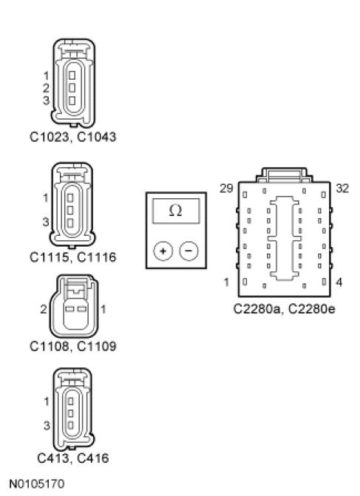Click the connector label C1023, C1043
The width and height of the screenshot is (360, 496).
coord(72,137)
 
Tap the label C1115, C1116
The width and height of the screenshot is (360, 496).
coord(72,257)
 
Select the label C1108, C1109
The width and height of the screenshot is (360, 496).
coord(72,346)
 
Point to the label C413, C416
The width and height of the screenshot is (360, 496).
coord(72,458)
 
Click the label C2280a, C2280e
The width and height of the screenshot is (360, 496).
coord(284,309)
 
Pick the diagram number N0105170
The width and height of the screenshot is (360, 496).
coord(37,484)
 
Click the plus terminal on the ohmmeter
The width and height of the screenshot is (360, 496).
coord(163,251)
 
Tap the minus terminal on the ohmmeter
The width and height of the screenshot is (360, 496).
coord(189,251)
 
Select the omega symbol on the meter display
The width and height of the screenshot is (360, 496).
coord(176,211)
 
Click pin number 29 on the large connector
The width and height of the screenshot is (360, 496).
coord(226,188)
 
